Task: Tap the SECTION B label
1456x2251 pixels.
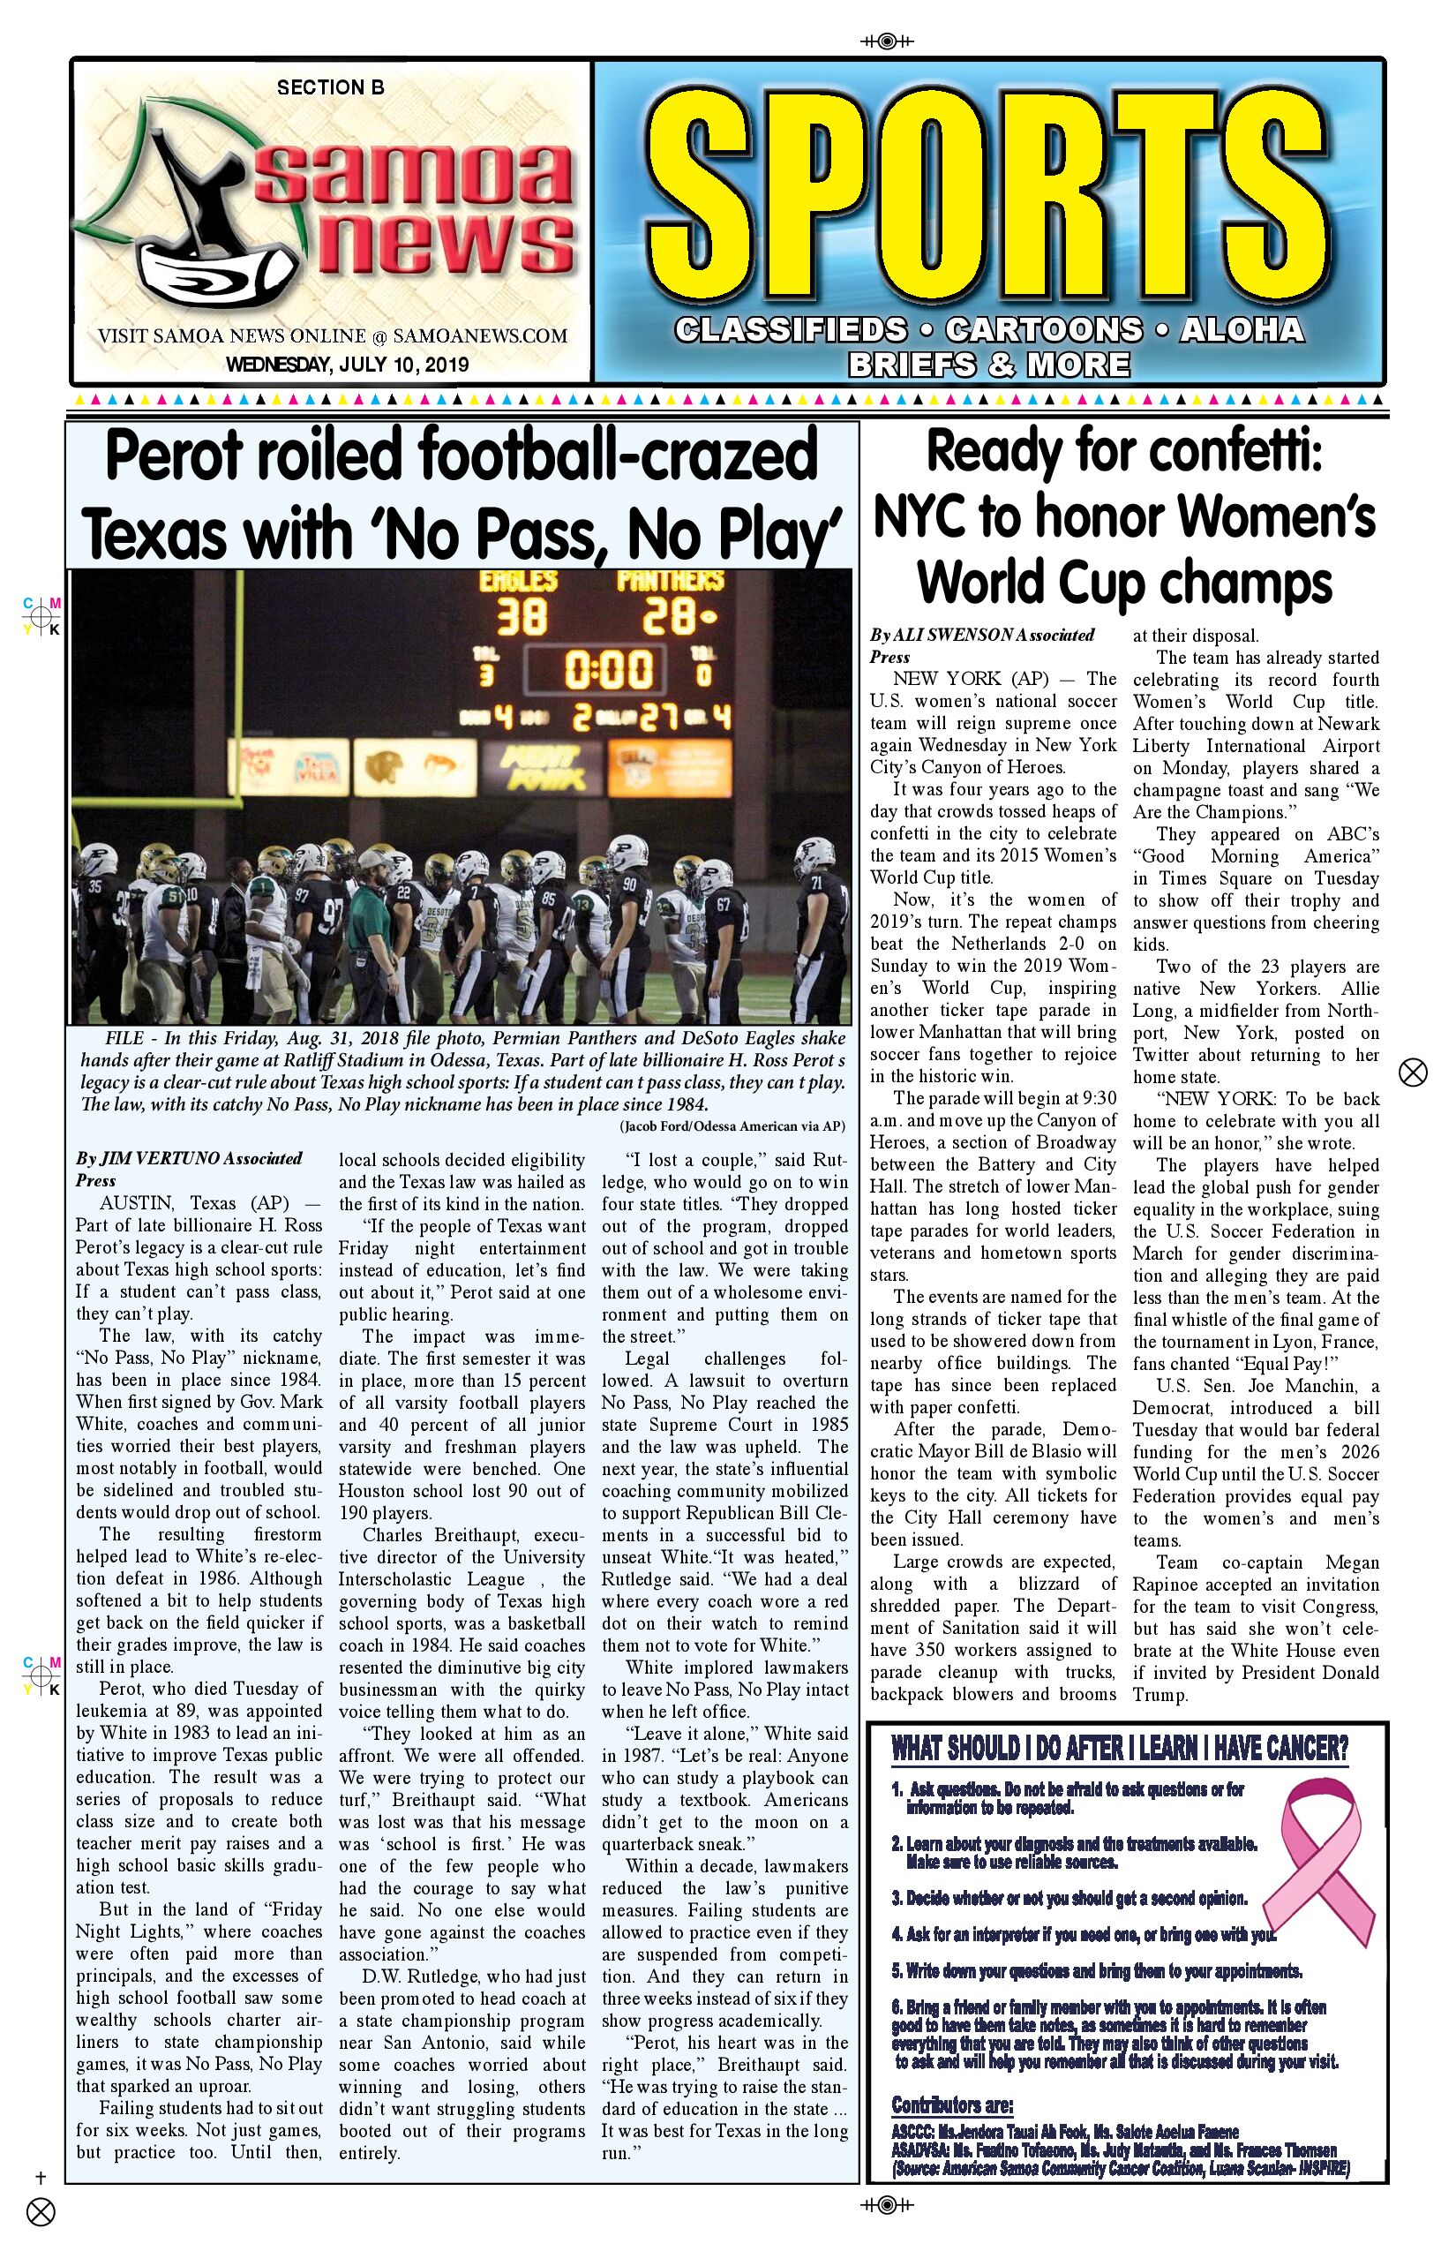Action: coord(330,88)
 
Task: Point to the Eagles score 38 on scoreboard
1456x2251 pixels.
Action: coord(521,618)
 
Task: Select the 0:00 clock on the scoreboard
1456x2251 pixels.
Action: coord(608,671)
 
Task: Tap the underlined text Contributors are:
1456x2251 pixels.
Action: coord(951,2105)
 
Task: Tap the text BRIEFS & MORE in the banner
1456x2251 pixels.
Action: coord(988,364)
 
